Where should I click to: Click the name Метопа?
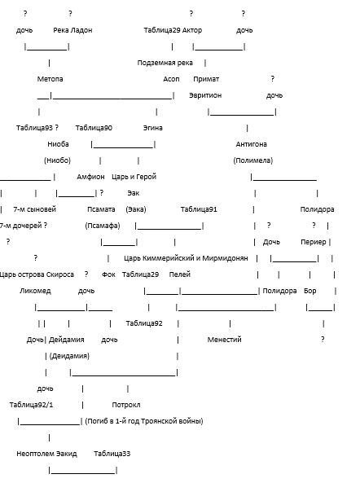coord(50,79)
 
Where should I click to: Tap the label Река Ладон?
coord(72,30)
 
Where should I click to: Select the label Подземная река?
coord(165,63)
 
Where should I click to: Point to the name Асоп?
coord(171,79)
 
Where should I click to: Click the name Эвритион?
coord(205,95)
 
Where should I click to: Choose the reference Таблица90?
coord(94,128)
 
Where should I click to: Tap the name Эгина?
coord(153,128)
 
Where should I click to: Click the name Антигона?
coord(252,144)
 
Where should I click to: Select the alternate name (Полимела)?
coord(252,160)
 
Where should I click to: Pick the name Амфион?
coord(90,177)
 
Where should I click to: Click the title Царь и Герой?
coord(134,177)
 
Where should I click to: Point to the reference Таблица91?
coord(199,209)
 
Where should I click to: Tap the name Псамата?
coord(101,209)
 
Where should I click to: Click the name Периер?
coord(314,242)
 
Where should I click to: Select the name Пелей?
coord(179,274)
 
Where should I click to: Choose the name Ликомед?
coord(35,291)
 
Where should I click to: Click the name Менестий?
coord(224,340)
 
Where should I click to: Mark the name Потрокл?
coord(126,405)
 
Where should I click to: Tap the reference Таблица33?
coord(112,454)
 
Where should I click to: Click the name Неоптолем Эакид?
coord(46,454)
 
